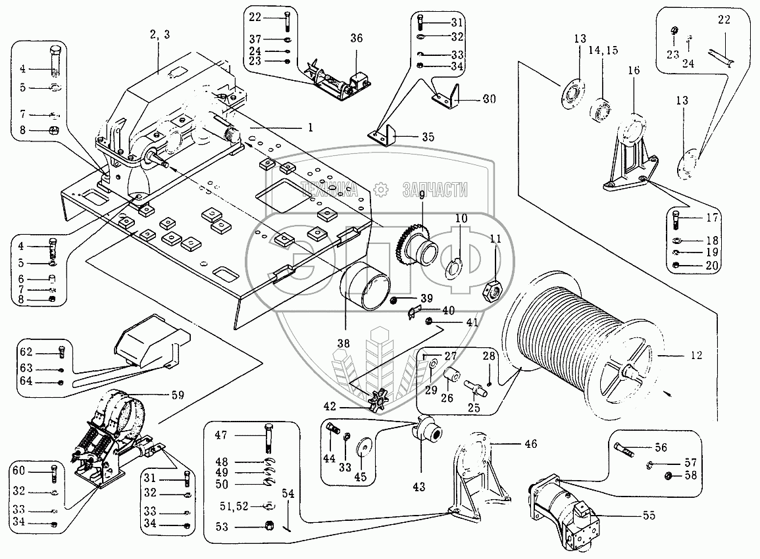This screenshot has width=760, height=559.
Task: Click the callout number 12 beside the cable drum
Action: point(696,355)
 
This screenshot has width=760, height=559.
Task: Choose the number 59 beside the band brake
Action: point(177,396)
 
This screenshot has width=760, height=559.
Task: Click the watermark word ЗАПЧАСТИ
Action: point(434,191)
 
